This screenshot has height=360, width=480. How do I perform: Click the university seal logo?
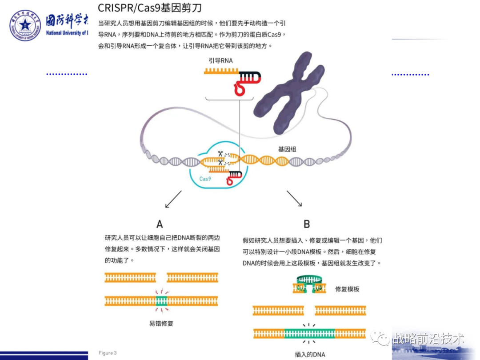click(25, 25)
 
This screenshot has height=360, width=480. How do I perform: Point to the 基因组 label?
click(287, 149)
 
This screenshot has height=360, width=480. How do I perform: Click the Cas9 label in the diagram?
click(205, 179)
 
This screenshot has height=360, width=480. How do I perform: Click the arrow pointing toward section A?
click(173, 199)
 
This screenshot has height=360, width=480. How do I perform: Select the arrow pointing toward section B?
click(294, 198)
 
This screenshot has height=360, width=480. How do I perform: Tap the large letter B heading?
click(307, 224)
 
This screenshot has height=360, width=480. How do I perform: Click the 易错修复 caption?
click(161, 323)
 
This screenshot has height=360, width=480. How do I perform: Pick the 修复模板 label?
click(347, 289)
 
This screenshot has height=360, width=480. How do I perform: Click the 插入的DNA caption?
click(310, 354)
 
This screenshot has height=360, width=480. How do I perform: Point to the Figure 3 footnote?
click(108, 353)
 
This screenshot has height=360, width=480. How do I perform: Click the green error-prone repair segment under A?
click(161, 301)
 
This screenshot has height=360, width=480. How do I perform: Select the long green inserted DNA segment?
click(309, 333)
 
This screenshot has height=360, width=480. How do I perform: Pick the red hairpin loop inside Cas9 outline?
click(232, 180)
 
